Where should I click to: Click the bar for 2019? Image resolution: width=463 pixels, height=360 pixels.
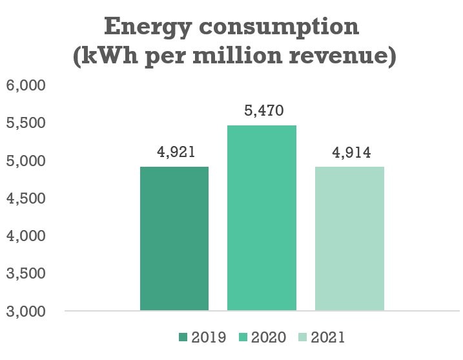coord(174,238)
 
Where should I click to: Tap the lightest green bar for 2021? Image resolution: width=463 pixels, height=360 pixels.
coord(349,238)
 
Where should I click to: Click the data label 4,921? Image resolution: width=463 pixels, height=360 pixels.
coord(175,153)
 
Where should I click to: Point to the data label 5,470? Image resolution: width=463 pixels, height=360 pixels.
coord(262,111)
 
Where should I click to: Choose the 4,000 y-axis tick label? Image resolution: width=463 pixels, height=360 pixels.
coord(25,237)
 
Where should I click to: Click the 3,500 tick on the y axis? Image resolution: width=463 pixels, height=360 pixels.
coord(25,274)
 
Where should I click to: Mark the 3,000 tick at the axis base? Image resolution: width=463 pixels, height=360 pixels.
coord(25,312)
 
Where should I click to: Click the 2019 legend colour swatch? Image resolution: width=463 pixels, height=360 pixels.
coord(183,337)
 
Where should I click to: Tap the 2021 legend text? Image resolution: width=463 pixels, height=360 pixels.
coord(327,337)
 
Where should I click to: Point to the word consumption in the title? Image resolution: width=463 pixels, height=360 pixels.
coord(277,28)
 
